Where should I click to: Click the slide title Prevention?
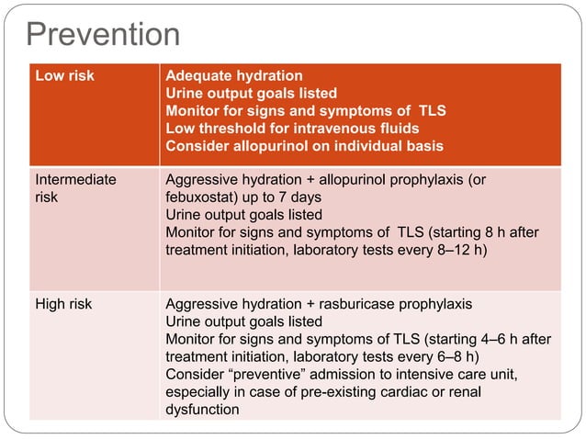(103, 34)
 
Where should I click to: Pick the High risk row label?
(63, 304)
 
